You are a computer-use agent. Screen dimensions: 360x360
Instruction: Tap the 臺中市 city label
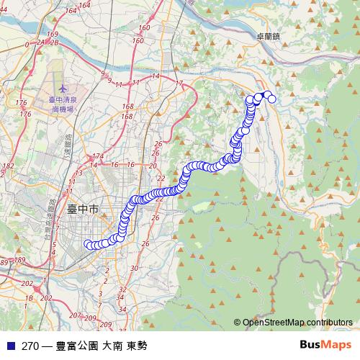point(81,210)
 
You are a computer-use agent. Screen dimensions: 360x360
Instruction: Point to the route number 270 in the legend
point(30,346)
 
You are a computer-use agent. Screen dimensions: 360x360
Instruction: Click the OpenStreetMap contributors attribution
point(297,322)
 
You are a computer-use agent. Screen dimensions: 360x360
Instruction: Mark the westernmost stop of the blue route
point(88,244)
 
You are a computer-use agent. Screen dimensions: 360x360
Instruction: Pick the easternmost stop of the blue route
point(272,99)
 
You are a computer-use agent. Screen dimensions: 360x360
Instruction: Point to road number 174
point(99,156)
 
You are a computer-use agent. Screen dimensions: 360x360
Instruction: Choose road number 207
point(76,315)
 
